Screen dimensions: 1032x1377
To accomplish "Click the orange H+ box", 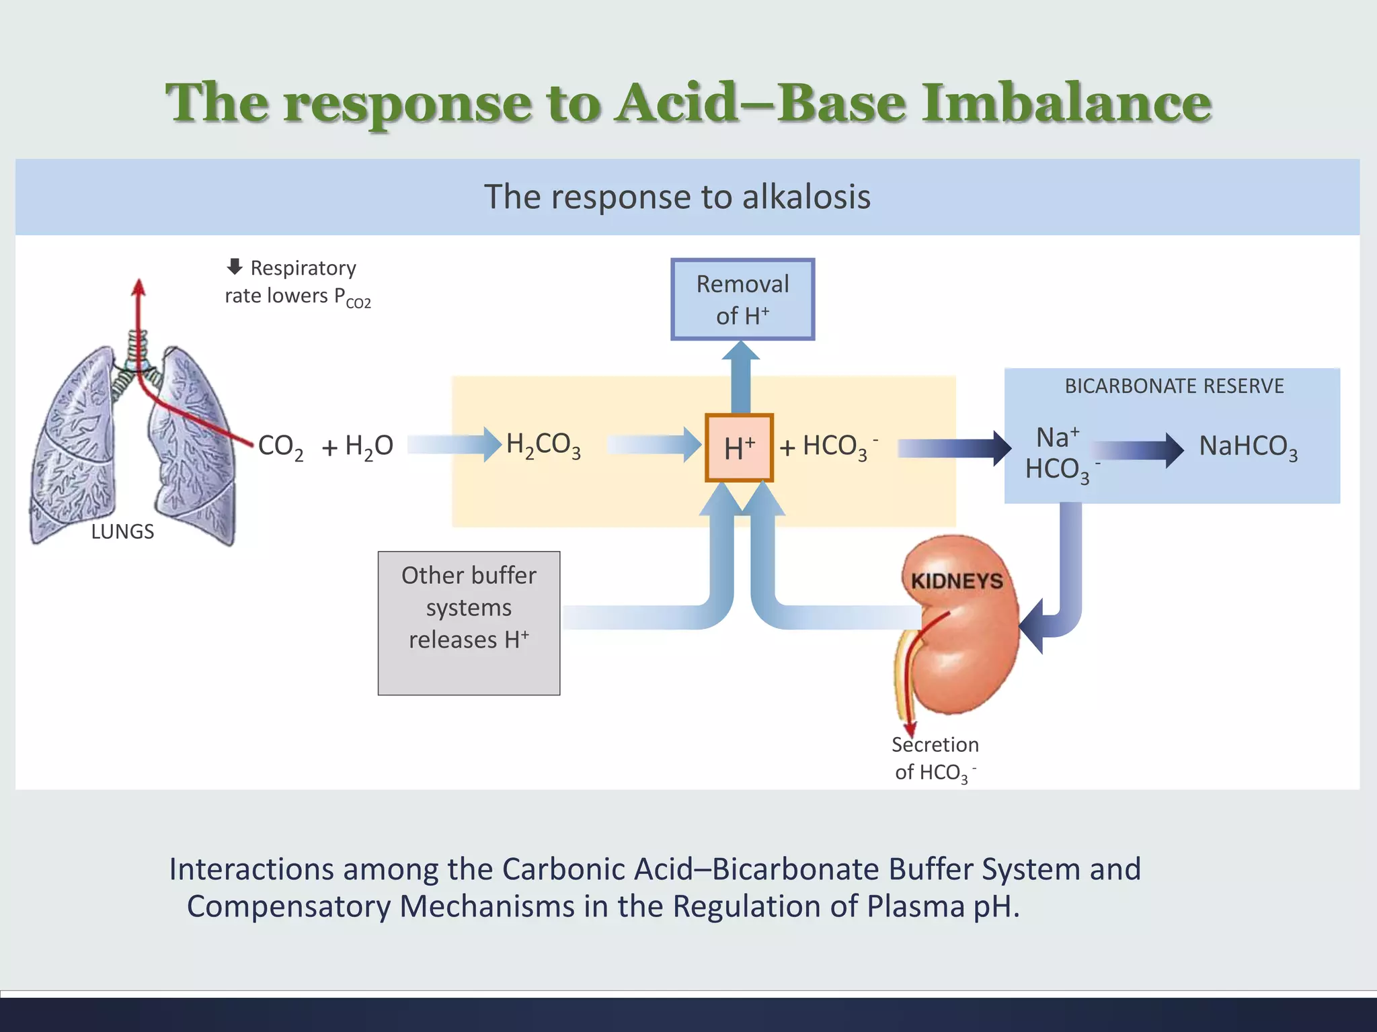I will click(x=739, y=447).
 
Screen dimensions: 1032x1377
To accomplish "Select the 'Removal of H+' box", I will click(x=742, y=300).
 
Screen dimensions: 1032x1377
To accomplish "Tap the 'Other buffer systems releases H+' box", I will click(x=469, y=622).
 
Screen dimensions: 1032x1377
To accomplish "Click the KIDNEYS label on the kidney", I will click(x=956, y=580).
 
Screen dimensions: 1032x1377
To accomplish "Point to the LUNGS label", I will click(x=122, y=531).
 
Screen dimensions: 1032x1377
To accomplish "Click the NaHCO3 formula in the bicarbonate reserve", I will click(x=1248, y=447).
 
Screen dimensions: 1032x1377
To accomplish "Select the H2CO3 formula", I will click(x=543, y=445).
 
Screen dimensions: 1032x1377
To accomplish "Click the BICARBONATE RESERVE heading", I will click(x=1174, y=386).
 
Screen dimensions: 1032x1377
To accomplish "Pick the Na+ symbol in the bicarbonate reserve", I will click(x=1058, y=437).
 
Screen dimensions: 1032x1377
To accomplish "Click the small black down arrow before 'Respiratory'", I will click(x=235, y=267).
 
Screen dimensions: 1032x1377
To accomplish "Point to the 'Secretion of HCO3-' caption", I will click(x=935, y=759).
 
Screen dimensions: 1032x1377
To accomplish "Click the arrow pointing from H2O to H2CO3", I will click(x=455, y=445).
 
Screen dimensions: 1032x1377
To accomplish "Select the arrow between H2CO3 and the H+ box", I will click(x=654, y=445).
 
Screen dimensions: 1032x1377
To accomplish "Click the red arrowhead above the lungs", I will click(x=139, y=288).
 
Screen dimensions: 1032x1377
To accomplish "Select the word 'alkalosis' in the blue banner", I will click(x=806, y=197).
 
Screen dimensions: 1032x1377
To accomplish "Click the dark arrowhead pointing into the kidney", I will click(x=1032, y=626).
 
